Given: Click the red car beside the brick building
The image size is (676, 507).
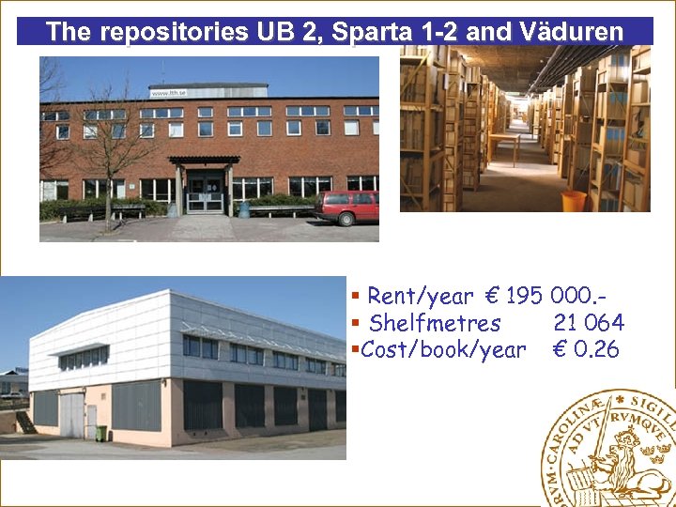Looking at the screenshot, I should pyautogui.click(x=346, y=207).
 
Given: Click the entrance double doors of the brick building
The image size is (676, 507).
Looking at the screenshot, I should pyautogui.click(x=204, y=193).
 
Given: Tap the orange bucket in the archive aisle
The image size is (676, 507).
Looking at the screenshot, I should pyautogui.click(x=574, y=201).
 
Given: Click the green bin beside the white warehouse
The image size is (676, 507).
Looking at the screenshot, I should pyautogui.click(x=101, y=433).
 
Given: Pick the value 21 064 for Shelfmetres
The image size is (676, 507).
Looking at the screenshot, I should pyautogui.click(x=589, y=323).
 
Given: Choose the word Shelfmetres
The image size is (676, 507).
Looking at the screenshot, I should pyautogui.click(x=435, y=323).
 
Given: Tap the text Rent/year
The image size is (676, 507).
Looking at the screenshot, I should pyautogui.click(x=420, y=297).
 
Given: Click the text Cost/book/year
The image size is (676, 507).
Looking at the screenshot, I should pyautogui.click(x=443, y=350).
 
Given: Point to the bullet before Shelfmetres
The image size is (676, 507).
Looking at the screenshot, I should pyautogui.click(x=356, y=323).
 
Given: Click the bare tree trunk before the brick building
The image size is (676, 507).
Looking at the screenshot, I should pyautogui.click(x=108, y=202).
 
